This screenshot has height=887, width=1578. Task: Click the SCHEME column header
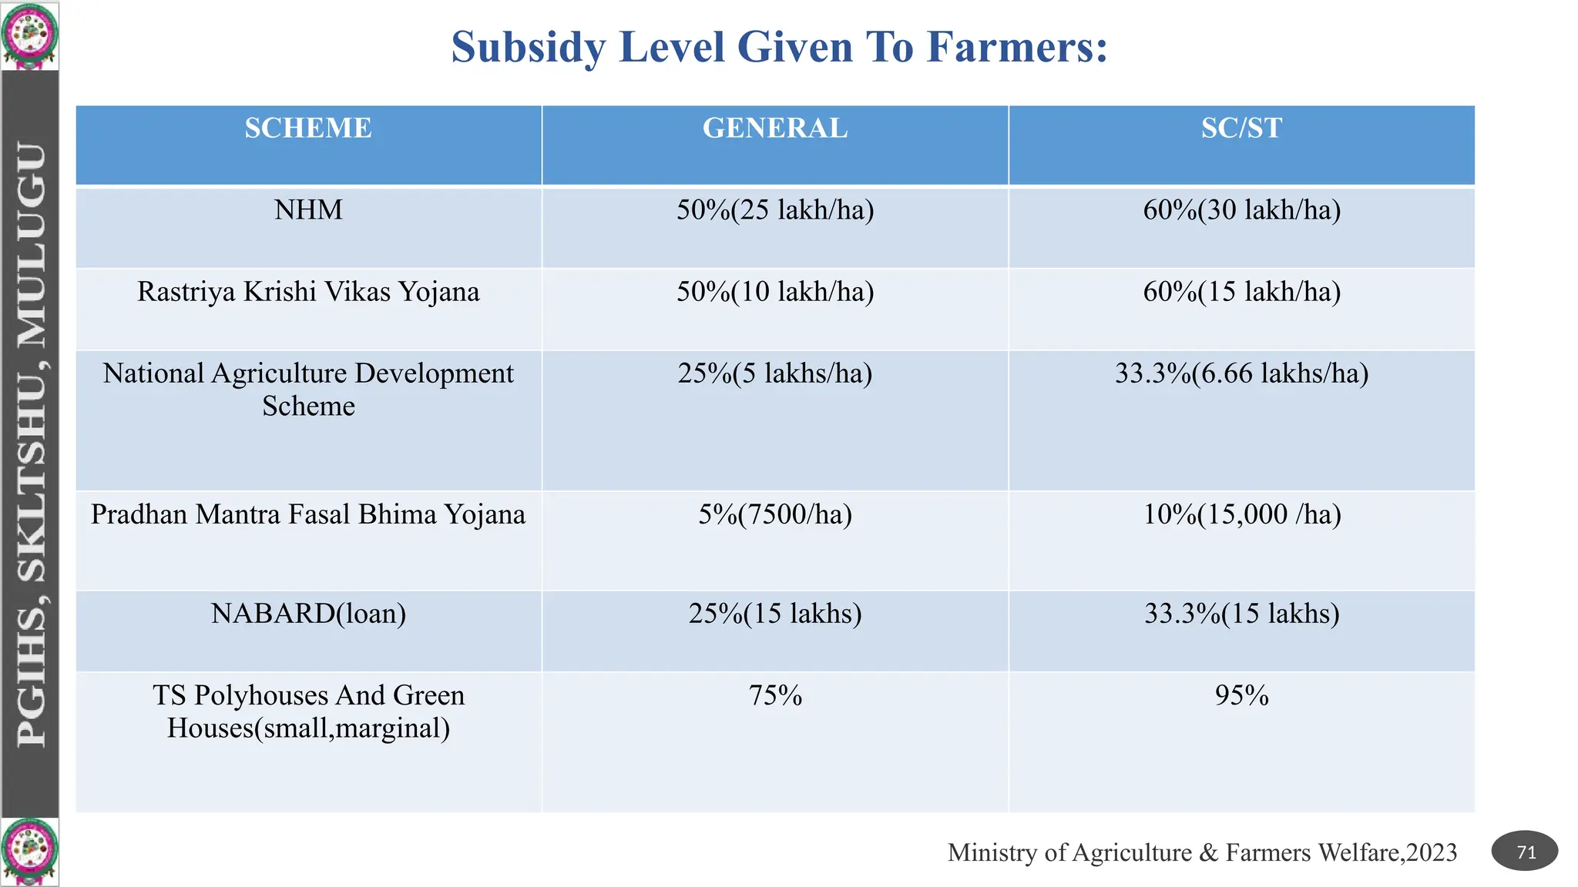pyautogui.click(x=308, y=128)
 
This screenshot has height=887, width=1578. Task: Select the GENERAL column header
pyautogui.click(x=775, y=128)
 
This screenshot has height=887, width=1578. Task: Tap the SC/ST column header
pyautogui.click(x=1241, y=128)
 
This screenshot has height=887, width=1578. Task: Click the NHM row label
pyautogui.click(x=308, y=209)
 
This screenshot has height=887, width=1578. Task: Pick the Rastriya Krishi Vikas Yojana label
pyautogui.click(x=308, y=292)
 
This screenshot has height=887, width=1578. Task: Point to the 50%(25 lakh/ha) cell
pyautogui.click(x=775, y=209)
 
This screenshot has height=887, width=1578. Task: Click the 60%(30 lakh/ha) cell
pyautogui.click(x=1241, y=209)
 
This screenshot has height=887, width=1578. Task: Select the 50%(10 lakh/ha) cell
pyautogui.click(x=775, y=292)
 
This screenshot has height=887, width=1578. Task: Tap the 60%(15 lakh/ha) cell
pyautogui.click(x=1241, y=292)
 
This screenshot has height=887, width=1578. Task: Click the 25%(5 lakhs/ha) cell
pyautogui.click(x=775, y=373)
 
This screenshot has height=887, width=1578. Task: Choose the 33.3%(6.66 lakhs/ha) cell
pyautogui.click(x=1241, y=373)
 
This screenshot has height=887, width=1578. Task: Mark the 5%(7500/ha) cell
pyautogui.click(x=775, y=514)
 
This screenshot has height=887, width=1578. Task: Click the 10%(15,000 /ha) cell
pyautogui.click(x=1241, y=514)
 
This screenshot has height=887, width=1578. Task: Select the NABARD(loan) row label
pyautogui.click(x=308, y=614)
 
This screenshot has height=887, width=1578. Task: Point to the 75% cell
pyautogui.click(x=775, y=695)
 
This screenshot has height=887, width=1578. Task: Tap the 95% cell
pyautogui.click(x=1241, y=695)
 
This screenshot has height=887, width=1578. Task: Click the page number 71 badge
pyautogui.click(x=1525, y=852)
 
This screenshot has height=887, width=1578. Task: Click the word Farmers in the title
pyautogui.click(x=1017, y=47)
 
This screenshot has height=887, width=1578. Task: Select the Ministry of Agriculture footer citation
pyautogui.click(x=1202, y=852)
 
